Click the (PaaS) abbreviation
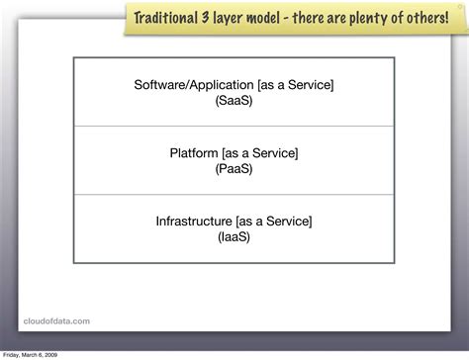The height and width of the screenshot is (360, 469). tap(234, 169)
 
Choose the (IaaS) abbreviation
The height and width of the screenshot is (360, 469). tap(234, 237)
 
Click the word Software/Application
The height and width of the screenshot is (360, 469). tap(193, 85)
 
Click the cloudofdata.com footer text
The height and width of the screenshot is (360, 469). tap(56, 319)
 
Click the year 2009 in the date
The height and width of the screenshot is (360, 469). tap(51, 354)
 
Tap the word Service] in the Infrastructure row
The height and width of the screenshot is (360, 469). tap(290, 222)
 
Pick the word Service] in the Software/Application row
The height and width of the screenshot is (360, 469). tap(312, 85)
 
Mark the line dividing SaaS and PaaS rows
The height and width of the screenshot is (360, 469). tap(234, 127)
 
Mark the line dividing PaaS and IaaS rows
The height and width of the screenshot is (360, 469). tap(234, 195)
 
